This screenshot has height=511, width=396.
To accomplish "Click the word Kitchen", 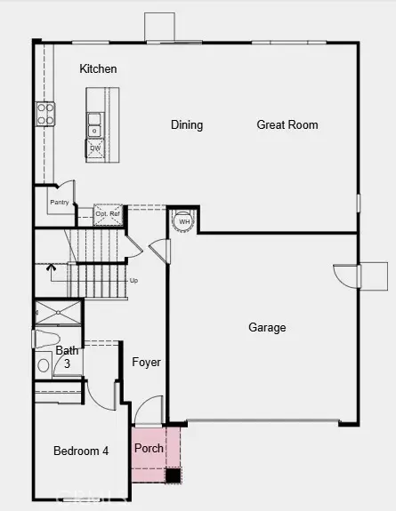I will [98, 68].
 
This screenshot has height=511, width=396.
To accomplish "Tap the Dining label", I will [187, 124].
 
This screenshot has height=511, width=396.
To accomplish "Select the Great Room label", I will [287, 124].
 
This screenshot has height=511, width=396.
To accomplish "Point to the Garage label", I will [267, 327].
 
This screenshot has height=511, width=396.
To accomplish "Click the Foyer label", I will [147, 362].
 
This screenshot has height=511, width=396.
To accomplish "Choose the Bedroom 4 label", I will [81, 451].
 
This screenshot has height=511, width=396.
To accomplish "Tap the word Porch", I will [149, 448].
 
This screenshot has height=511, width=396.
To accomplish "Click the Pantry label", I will [60, 203].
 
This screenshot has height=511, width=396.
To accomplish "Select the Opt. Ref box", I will [108, 214].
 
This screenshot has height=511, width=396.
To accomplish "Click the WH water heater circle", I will [184, 221].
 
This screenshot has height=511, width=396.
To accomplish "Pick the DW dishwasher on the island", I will [95, 148].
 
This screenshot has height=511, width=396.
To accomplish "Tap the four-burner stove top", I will [45, 113].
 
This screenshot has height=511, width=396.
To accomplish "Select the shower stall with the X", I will [58, 313].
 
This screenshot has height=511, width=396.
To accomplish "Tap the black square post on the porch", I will [173, 475].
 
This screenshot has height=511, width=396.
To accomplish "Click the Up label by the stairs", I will [134, 280].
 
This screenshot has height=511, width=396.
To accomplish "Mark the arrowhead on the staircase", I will [51, 266].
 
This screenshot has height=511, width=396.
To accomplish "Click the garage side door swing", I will [345, 276].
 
